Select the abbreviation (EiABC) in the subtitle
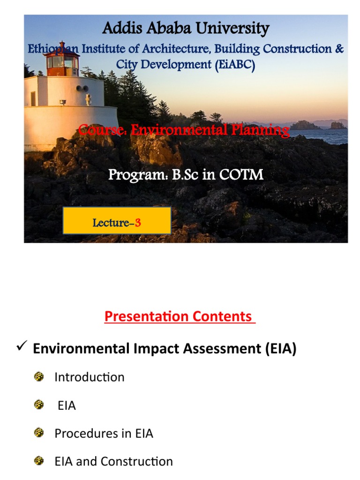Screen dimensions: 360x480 click(235, 65)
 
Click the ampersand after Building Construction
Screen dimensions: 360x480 click(339, 48)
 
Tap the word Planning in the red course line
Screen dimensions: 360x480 click(260, 130)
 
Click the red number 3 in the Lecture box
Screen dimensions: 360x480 click(138, 223)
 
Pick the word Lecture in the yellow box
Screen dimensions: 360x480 click(111, 223)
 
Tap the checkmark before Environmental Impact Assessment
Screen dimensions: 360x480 click(22, 346)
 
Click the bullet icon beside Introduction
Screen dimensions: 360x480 click(39, 376)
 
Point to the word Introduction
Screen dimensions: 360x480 click(90, 377)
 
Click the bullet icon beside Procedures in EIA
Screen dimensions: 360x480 click(39, 433)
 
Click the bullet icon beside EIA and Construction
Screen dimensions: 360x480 click(39, 461)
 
